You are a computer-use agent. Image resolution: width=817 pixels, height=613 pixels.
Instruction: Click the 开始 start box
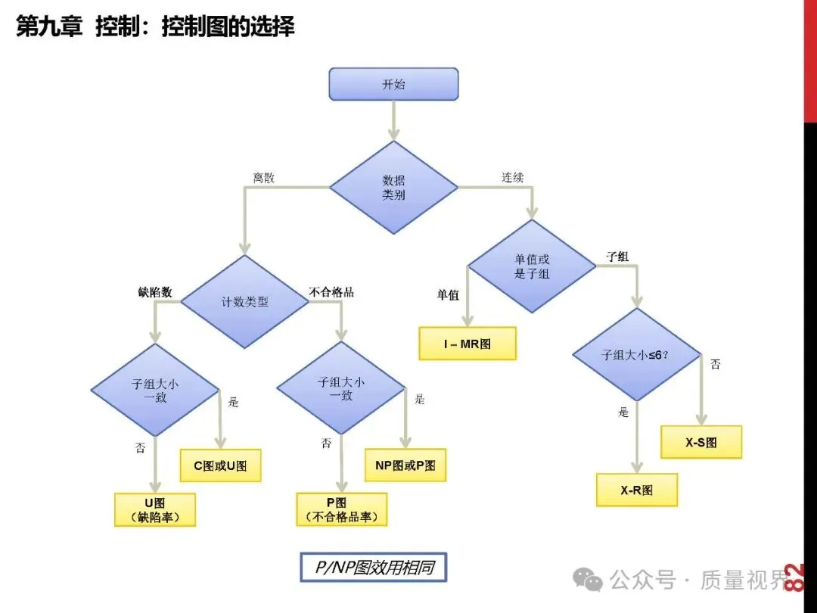click(x=393, y=84)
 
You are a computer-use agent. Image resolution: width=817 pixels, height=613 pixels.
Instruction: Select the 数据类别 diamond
click(x=393, y=187)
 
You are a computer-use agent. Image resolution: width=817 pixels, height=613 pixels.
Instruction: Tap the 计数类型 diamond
click(x=244, y=301)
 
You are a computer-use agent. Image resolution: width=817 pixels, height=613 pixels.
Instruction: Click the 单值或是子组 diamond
click(x=532, y=266)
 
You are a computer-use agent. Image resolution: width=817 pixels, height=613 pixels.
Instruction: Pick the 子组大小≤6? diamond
click(x=635, y=353)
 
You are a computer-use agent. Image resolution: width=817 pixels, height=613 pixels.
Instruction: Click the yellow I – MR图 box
click(x=468, y=344)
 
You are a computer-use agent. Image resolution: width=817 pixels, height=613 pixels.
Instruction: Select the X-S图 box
click(x=701, y=442)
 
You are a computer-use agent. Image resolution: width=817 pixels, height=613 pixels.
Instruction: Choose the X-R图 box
click(x=637, y=490)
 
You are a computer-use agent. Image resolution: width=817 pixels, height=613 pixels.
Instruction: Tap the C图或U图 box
click(x=220, y=465)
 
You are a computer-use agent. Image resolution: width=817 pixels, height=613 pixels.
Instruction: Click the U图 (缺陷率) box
click(x=155, y=509)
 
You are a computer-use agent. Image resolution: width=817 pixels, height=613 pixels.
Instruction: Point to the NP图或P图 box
click(x=405, y=465)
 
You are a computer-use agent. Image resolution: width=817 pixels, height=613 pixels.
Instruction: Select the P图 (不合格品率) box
click(x=342, y=509)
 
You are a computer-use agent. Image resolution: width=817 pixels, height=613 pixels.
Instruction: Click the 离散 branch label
click(x=264, y=179)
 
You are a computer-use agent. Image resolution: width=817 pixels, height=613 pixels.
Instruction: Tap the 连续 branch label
click(x=512, y=178)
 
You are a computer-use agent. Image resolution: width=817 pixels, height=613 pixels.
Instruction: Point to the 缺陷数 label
click(x=155, y=291)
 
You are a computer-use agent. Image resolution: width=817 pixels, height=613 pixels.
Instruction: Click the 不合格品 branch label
click(x=331, y=291)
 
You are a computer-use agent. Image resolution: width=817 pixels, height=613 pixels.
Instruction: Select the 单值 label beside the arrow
click(x=448, y=295)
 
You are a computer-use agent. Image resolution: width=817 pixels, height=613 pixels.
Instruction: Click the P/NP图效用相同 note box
click(x=373, y=567)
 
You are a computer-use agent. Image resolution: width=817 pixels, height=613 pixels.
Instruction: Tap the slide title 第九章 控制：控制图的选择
click(x=155, y=27)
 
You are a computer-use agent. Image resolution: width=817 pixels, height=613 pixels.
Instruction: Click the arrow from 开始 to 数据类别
click(x=393, y=120)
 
